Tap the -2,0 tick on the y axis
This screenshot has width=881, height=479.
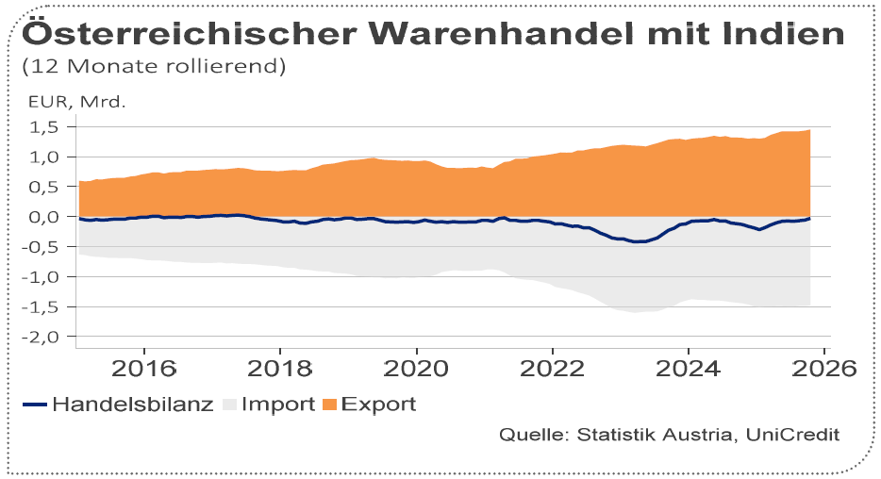(43, 337)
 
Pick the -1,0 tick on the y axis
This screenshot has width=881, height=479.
(43, 277)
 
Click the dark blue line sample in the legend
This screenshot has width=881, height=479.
(34, 405)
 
